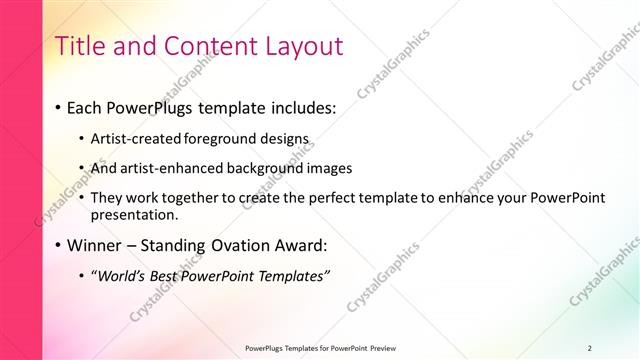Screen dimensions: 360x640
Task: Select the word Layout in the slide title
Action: point(300,46)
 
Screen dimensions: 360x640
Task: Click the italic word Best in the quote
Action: point(172,275)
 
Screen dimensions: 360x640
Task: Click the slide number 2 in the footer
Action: point(590,348)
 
